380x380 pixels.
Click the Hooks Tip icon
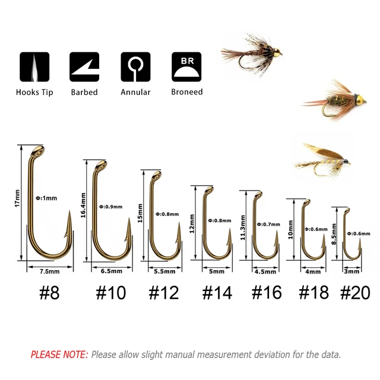tap(34, 67)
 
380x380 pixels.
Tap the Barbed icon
tap(84, 67)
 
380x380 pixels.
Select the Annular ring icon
tap(135, 67)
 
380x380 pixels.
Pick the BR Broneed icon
tap(186, 67)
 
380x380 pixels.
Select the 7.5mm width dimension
tap(49, 271)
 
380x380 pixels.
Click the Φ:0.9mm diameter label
tap(110, 207)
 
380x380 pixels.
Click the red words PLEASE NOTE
tap(59, 354)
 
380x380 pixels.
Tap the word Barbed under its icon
tap(84, 92)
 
